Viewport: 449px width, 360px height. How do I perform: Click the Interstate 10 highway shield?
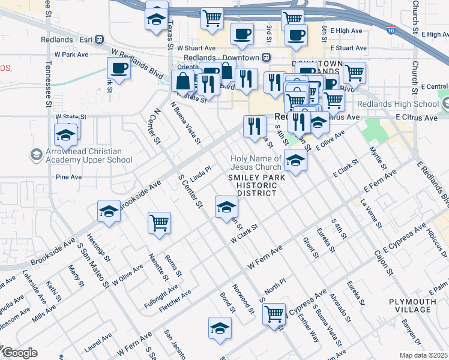391,29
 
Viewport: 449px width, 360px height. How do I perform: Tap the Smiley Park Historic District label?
252,185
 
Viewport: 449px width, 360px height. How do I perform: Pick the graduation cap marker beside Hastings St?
109,211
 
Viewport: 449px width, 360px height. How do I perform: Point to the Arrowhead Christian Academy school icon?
37,155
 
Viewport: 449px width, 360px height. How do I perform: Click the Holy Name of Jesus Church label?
256,163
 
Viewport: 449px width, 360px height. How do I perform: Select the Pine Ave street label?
68,178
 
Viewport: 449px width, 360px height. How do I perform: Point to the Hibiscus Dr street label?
436,242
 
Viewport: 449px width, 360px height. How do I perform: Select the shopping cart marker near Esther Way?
274,313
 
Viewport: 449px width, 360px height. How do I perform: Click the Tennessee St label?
47,84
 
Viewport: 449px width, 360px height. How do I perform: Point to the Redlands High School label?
398,104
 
